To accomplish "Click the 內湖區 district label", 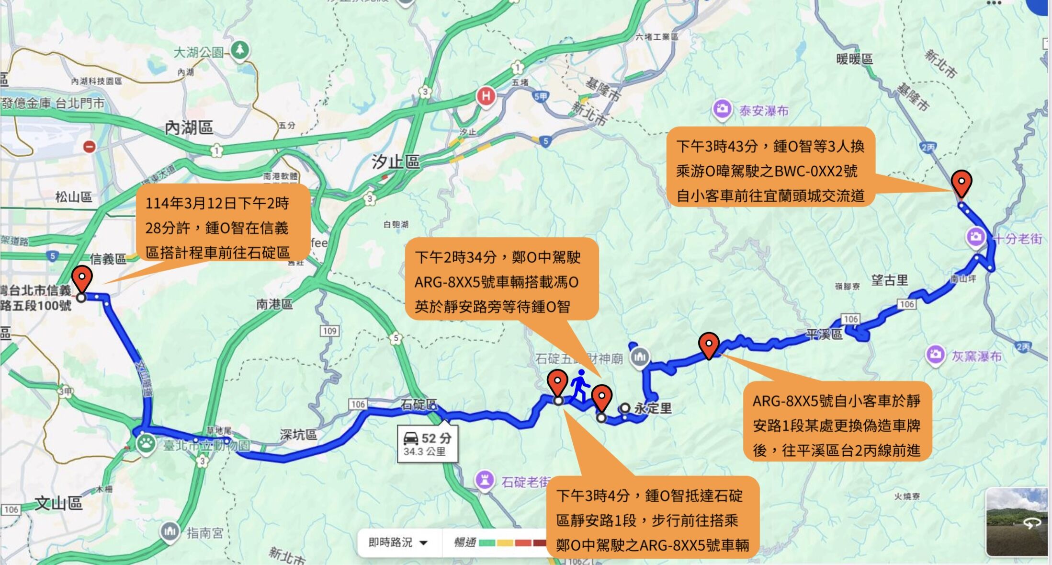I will pyautogui.click(x=189, y=127).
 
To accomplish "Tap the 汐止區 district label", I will pyautogui.click(x=396, y=161).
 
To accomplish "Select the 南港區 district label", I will pyautogui.click(x=274, y=304).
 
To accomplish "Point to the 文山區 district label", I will pyautogui.click(x=58, y=503).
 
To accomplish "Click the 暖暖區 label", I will pyautogui.click(x=854, y=59).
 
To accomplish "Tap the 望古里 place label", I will pyautogui.click(x=889, y=280).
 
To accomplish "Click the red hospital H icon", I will pyautogui.click(x=486, y=96).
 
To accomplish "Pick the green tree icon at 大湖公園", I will pyautogui.click(x=240, y=50).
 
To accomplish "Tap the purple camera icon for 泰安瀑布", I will pyautogui.click(x=722, y=109).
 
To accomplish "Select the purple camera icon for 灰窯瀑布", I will pyautogui.click(x=935, y=355).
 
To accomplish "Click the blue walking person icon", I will pyautogui.click(x=579, y=385).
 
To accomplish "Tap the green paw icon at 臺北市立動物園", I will pyautogui.click(x=145, y=443).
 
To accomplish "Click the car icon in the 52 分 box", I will pyautogui.click(x=411, y=438).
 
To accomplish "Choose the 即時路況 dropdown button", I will pyautogui.click(x=397, y=542).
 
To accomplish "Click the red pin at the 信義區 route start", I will pyautogui.click(x=82, y=278).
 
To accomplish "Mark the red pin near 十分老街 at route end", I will pyautogui.click(x=961, y=183).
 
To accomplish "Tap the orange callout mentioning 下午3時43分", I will pyautogui.click(x=770, y=167).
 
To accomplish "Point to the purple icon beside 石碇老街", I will pyautogui.click(x=485, y=480).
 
